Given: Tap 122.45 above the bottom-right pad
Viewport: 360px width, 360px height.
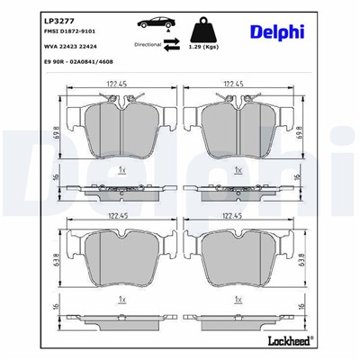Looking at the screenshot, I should (x=236, y=216).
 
